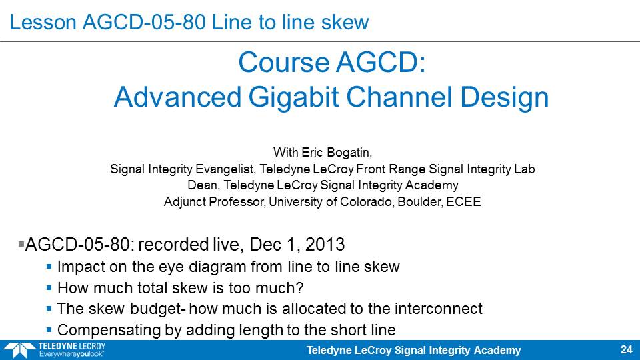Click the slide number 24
tap(626, 349)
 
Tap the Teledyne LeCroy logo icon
tap(19, 350)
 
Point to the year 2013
tap(325, 245)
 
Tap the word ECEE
tap(463, 201)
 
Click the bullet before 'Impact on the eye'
tap(49, 267)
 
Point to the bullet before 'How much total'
tap(49, 288)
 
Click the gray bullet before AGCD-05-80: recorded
tap(21, 245)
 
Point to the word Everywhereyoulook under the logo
tap(71, 354)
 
